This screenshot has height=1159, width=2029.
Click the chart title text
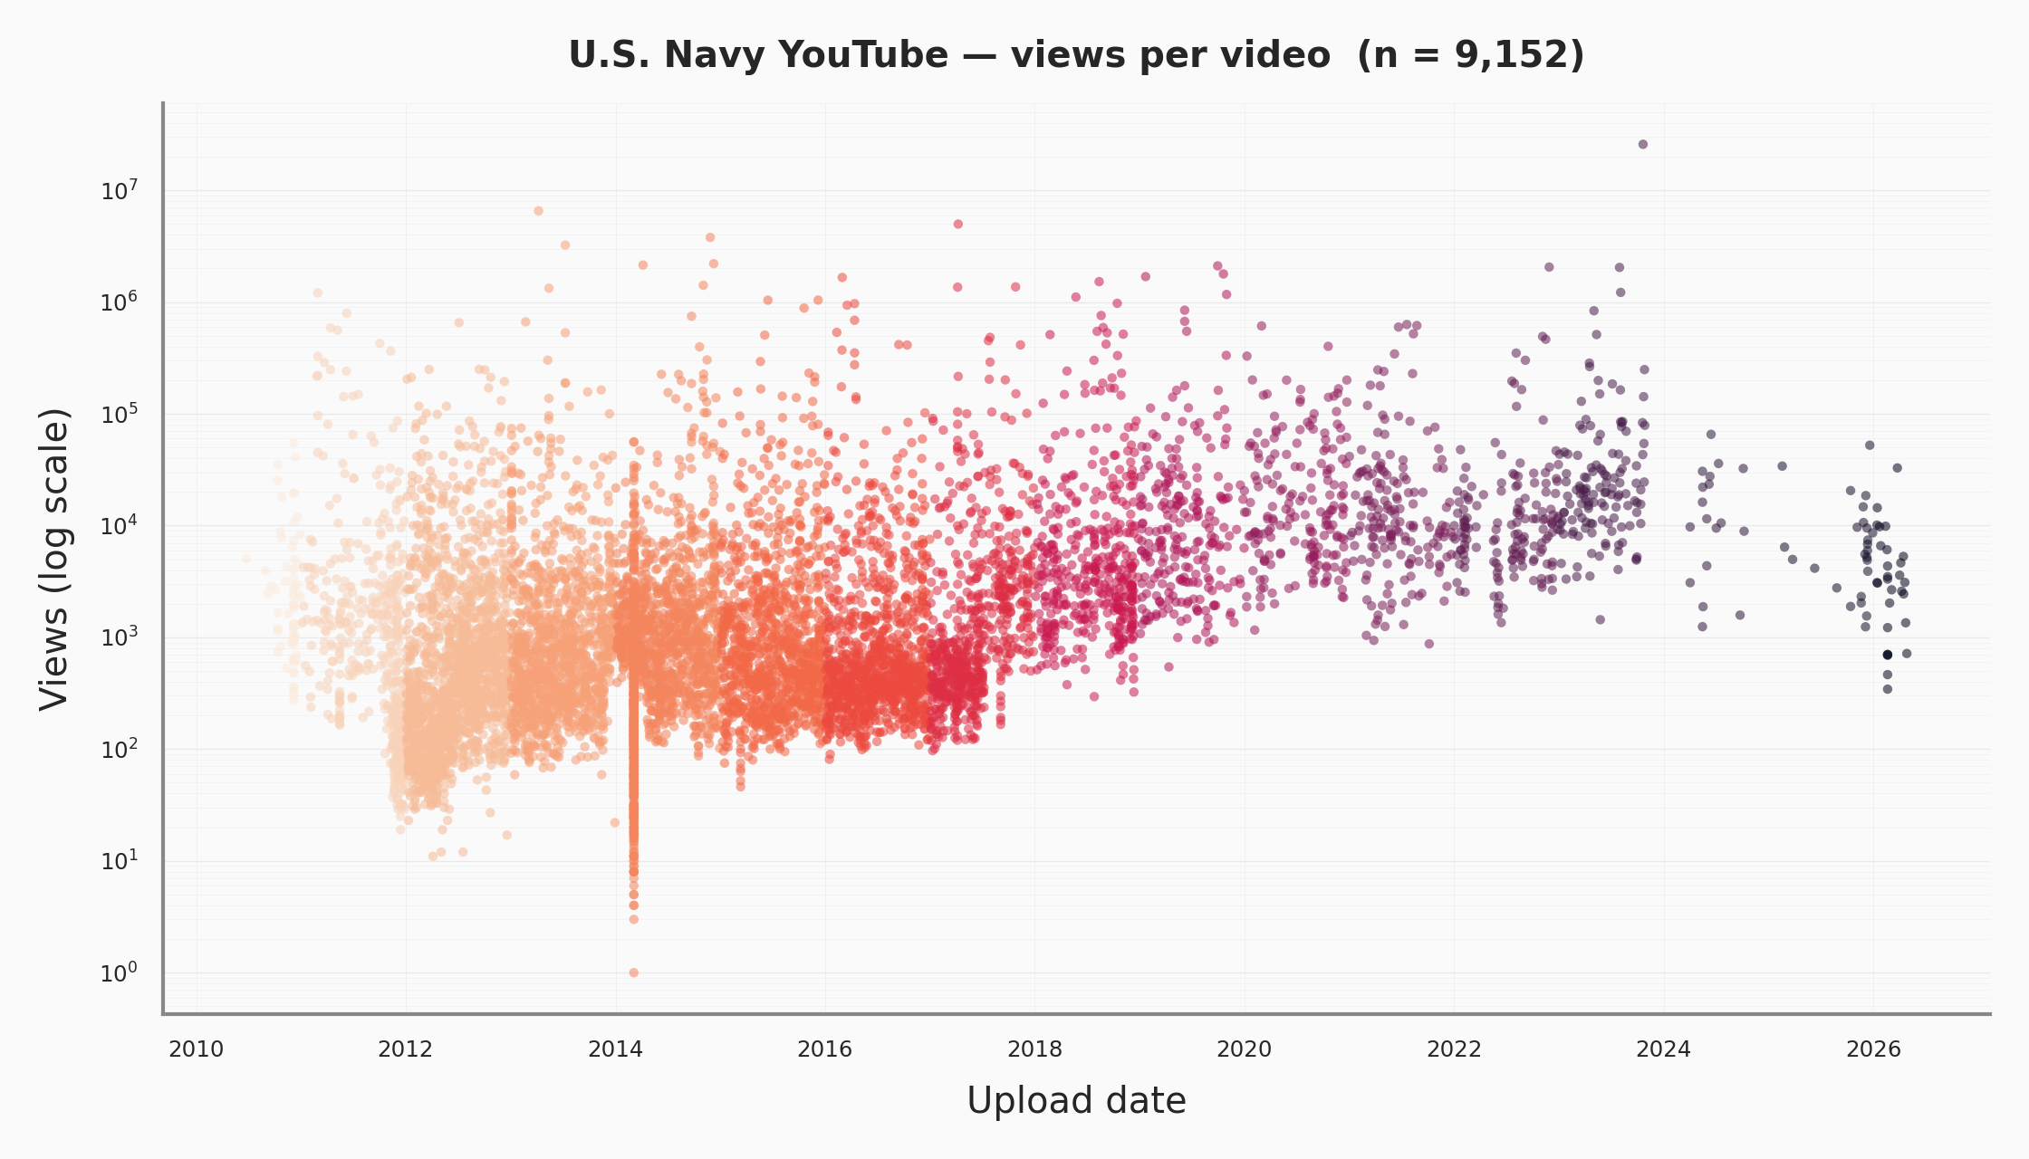point(1076,55)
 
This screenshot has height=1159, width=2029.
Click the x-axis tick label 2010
point(197,1049)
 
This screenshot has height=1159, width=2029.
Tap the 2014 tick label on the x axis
point(615,1049)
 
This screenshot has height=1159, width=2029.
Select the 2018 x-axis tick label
point(1034,1049)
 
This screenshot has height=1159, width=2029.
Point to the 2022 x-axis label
point(1454,1049)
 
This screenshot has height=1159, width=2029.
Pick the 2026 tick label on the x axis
point(1873,1049)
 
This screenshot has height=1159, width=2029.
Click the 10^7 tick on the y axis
point(119,191)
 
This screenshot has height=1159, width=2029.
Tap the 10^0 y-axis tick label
point(119,973)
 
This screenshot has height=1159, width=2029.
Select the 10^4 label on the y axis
point(119,526)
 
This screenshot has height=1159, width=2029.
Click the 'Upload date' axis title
point(1076,1101)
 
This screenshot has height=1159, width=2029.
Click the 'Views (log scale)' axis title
point(54,559)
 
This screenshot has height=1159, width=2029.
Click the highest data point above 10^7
point(1642,144)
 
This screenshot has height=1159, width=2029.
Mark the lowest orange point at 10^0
point(633,972)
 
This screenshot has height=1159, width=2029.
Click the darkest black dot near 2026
point(1888,654)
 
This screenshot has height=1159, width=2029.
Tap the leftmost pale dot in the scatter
point(246,559)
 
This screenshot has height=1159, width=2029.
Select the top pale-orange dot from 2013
point(538,210)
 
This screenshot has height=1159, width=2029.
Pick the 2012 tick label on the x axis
point(405,1049)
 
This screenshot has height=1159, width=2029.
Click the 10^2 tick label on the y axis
point(119,750)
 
